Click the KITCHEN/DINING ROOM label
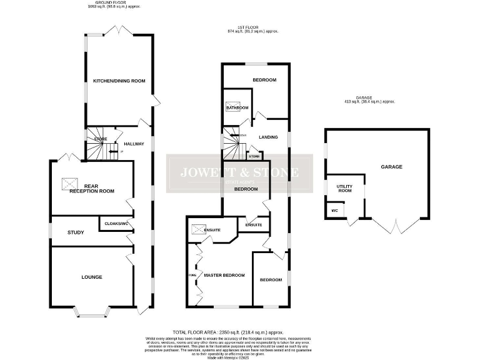click(119, 81)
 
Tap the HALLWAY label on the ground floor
click(134, 144)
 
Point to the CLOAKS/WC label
click(116, 223)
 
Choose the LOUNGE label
click(91, 276)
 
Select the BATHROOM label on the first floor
click(237, 107)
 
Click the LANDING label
click(268, 137)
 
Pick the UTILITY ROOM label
click(344, 188)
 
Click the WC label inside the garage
click(334, 211)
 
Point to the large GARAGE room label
click(392, 167)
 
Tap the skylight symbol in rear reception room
click(69, 183)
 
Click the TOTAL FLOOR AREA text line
click(227, 332)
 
